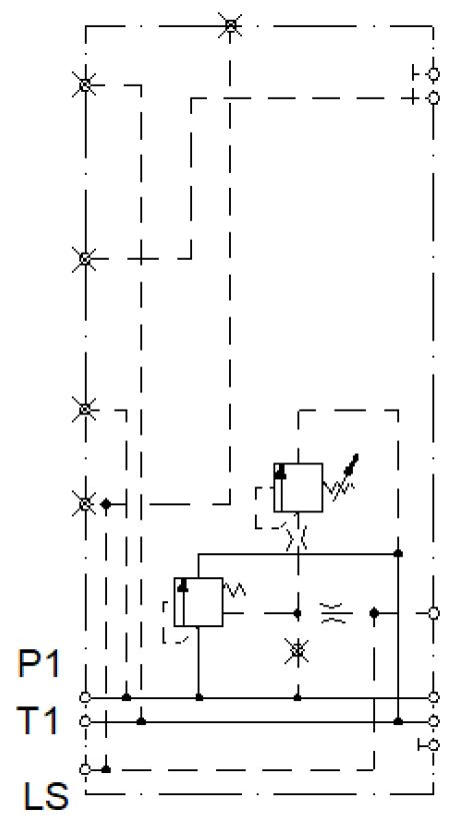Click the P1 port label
(39, 664)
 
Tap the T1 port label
(37, 720)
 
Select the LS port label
(46, 796)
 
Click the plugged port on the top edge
(230, 25)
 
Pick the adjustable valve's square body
(298, 487)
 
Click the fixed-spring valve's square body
(198, 601)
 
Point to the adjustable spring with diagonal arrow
(342, 479)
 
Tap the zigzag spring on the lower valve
(235, 589)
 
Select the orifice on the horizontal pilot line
(336, 612)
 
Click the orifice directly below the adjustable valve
(297, 539)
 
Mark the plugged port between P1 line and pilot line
(297, 651)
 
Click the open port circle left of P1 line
(85, 697)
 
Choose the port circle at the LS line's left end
(85, 769)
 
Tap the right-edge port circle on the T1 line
(434, 721)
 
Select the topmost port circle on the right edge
(434, 74)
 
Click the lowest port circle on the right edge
(434, 745)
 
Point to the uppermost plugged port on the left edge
(85, 85)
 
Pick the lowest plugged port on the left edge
(85, 504)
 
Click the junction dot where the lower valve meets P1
(199, 697)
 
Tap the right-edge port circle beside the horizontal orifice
(434, 612)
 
